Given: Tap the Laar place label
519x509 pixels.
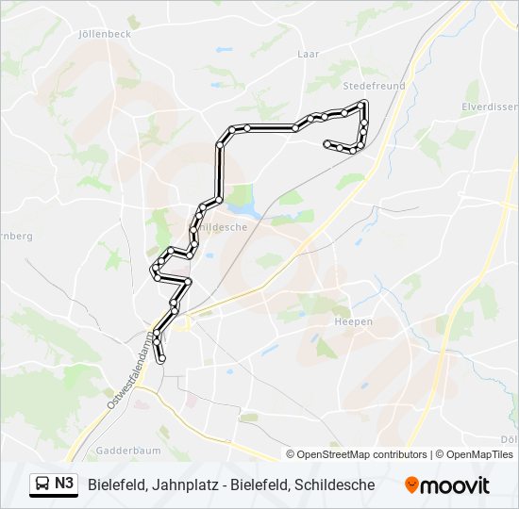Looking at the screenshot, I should [x=309, y=55].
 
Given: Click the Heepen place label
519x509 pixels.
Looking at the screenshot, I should [x=354, y=321].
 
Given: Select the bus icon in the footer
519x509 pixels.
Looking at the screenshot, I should [x=42, y=484].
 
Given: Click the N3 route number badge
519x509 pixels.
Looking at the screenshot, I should [x=64, y=484].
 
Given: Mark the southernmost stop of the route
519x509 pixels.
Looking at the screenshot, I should [x=161, y=359].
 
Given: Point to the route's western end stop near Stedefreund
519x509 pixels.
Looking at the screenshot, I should [x=326, y=143].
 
